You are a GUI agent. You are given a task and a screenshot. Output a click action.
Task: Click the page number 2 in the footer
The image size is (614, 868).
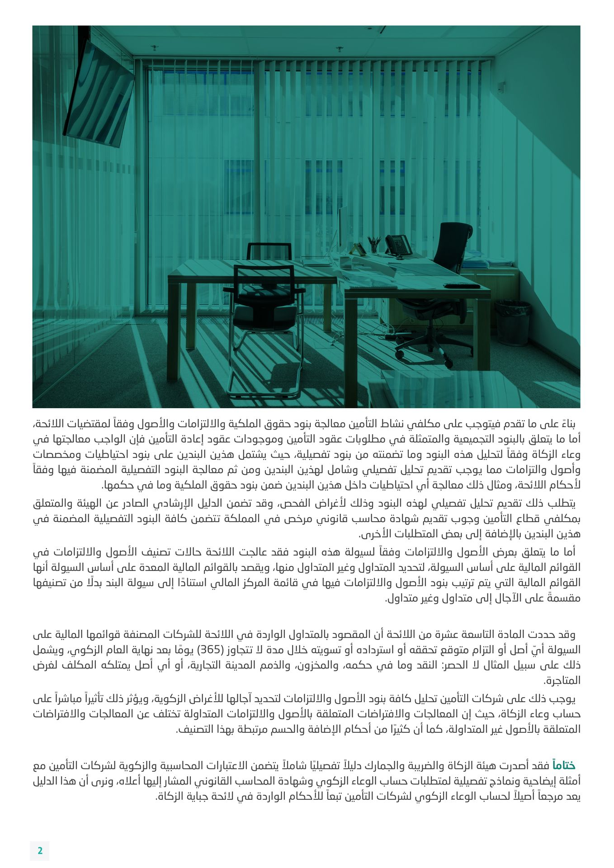tap(40, 850)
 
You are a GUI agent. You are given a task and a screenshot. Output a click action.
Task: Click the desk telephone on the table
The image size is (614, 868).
tap(398, 245)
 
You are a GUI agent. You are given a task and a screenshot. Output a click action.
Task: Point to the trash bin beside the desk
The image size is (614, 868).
tap(513, 322)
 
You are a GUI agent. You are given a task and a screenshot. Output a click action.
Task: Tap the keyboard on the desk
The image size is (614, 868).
tap(462, 286)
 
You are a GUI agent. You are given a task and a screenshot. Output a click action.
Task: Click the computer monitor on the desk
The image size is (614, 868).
tap(342, 231)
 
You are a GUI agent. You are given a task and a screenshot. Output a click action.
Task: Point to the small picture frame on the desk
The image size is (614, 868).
tap(359, 249)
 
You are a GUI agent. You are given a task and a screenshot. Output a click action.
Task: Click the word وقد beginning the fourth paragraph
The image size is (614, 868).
tap(567, 635)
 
